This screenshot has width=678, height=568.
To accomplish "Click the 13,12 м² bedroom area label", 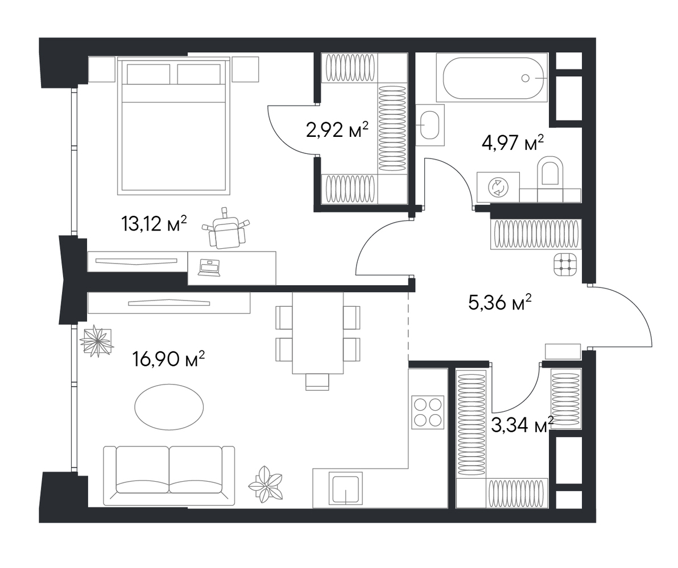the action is click(154, 224).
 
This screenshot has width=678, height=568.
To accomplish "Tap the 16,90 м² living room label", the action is click(169, 359).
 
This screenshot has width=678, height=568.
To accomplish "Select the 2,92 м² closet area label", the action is click(337, 129).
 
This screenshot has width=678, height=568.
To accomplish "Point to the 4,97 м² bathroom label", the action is click(512, 143).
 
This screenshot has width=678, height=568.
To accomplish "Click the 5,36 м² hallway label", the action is click(500, 302).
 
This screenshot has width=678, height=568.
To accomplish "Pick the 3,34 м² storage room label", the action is click(523, 425).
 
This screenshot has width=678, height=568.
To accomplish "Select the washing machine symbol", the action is click(498, 187).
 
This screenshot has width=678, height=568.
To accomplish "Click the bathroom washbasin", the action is click(430, 125).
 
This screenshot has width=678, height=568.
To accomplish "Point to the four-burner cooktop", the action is click(428, 412).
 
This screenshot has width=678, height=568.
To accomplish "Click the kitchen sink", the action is click(345, 488).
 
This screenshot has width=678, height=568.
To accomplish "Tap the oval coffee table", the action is click(169, 407).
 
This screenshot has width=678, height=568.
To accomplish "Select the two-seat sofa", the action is click(169, 475).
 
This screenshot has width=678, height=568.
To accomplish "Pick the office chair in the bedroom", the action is click(226, 229).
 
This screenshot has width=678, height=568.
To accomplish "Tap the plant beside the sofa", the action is click(266, 485).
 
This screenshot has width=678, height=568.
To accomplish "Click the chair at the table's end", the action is click(317, 382).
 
